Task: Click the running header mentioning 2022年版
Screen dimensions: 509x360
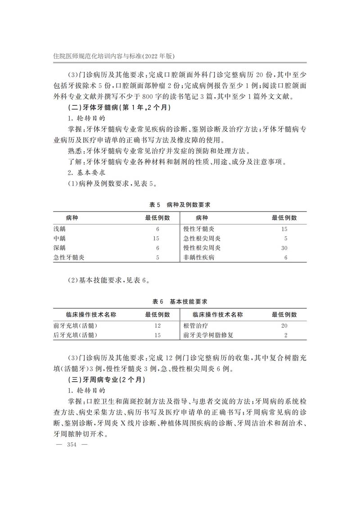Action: [113, 56]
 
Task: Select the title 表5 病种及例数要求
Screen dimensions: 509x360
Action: [180, 204]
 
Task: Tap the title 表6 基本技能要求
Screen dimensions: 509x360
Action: [180, 301]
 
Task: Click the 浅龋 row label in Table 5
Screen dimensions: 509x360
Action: [59, 229]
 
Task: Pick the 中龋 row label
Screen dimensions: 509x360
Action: [59, 239]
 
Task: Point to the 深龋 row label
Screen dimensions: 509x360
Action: [59, 248]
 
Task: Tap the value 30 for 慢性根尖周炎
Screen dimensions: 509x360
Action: [284, 248]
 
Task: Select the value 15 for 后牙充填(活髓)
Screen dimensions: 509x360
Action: [157, 335]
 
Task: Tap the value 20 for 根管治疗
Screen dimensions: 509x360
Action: [284, 325]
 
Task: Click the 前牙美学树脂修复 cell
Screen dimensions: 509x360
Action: [208, 335]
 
